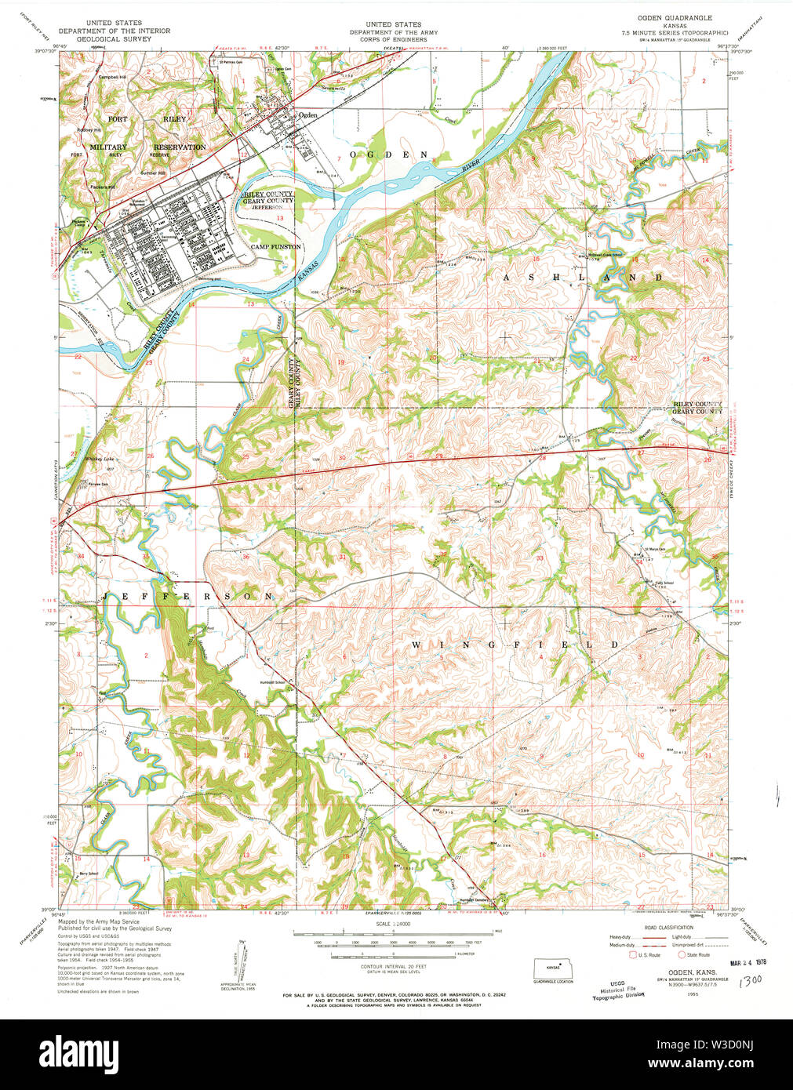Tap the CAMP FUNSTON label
[275, 246]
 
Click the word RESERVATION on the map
[179, 147]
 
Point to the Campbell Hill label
[112, 78]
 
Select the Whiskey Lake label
[100, 459]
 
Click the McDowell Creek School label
[605, 254]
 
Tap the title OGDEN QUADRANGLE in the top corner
[677, 17]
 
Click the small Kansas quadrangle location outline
[554, 966]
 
